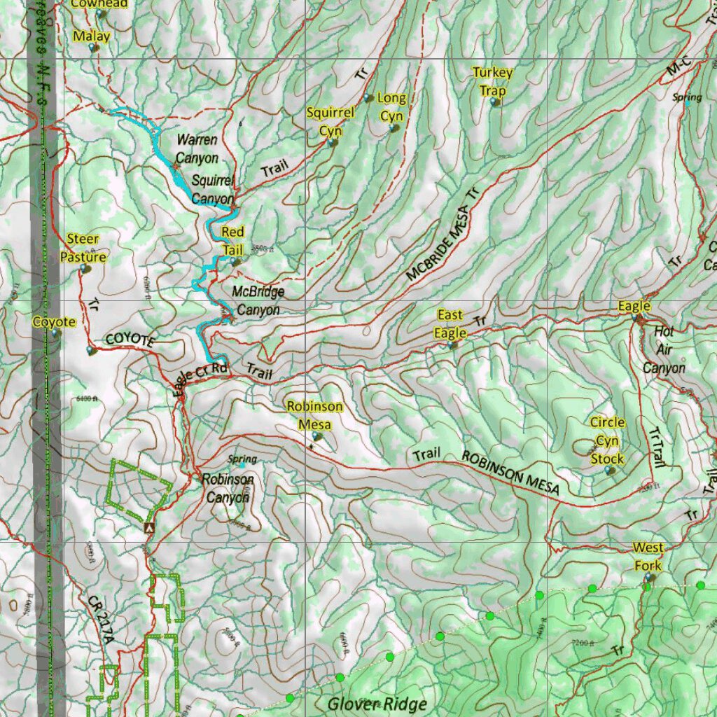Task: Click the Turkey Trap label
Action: point(492,81)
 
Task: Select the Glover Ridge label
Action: point(376,703)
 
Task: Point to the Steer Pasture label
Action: point(83,248)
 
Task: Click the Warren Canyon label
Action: point(197,149)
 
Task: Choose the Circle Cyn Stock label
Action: point(606,440)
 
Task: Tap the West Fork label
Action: point(648,556)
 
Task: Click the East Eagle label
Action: point(450,323)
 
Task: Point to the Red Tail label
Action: point(233,241)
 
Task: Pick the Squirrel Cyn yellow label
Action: point(330,121)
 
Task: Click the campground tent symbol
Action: point(148,527)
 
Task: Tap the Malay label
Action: point(92,36)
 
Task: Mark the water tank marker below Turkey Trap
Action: point(496,102)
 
